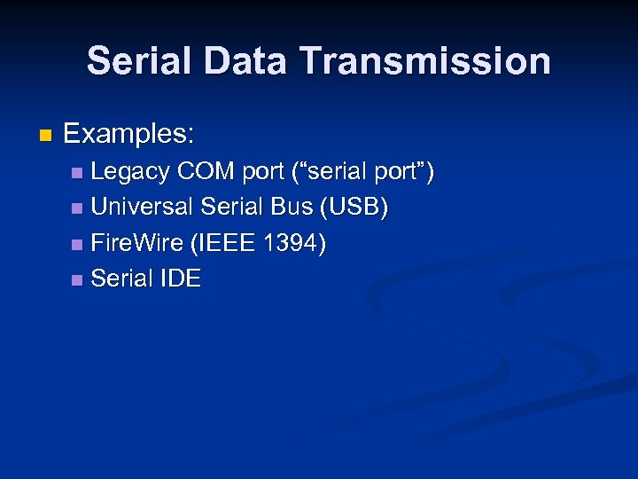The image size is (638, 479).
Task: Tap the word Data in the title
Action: [x=249, y=61]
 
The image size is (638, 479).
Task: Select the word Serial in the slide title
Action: [x=142, y=61]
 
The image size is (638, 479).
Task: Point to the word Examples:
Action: [x=129, y=135]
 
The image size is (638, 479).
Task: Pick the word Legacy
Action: [x=130, y=171]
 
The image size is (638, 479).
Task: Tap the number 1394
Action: [x=293, y=242]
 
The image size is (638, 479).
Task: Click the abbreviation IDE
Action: [x=181, y=279]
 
